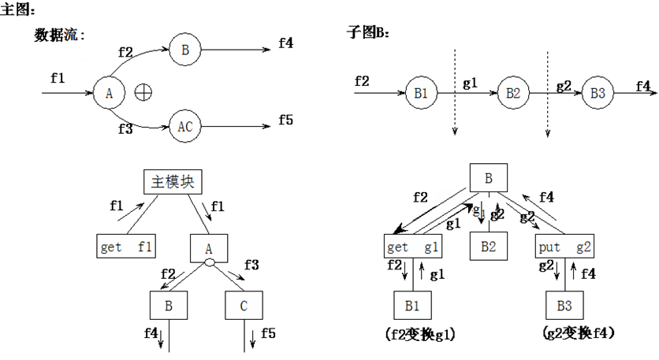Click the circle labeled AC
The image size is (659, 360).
click(x=184, y=125)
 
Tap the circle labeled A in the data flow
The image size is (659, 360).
click(x=109, y=93)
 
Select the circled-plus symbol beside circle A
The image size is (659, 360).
click(x=143, y=92)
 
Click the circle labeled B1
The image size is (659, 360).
click(x=420, y=93)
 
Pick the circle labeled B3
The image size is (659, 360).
click(x=598, y=93)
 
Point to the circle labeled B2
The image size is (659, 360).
click(x=513, y=93)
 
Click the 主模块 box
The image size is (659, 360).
click(x=171, y=182)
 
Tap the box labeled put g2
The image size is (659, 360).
click(x=564, y=247)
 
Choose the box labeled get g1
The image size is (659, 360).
click(x=413, y=247)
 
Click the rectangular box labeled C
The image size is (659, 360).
click(x=243, y=305)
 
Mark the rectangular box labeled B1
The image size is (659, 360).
click(x=413, y=305)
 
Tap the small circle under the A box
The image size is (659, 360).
click(x=209, y=264)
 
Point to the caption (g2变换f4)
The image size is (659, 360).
click(x=579, y=333)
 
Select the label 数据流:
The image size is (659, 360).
click(x=59, y=35)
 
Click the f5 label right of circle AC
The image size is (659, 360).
click(x=285, y=120)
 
